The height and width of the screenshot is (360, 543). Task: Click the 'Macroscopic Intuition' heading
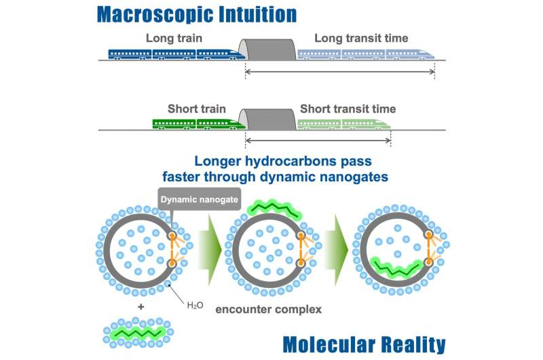pyautogui.click(x=197, y=14)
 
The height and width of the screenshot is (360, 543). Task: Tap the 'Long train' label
pyautogui.click(x=174, y=38)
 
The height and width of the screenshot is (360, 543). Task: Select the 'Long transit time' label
pyautogui.click(x=361, y=38)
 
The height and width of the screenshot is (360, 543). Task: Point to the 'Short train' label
pyautogui.click(x=197, y=109)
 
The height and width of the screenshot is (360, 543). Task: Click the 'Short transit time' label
pyautogui.click(x=348, y=109)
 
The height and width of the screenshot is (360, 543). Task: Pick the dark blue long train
pyautogui.click(x=176, y=54)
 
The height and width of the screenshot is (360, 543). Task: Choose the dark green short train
pyautogui.click(x=199, y=124)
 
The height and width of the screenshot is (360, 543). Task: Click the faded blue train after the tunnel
pyautogui.click(x=366, y=54)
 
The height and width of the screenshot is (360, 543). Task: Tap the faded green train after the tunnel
pyautogui.click(x=344, y=124)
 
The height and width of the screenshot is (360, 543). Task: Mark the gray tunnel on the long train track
pyautogui.click(x=267, y=50)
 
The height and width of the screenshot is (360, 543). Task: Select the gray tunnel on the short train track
pyautogui.click(x=267, y=120)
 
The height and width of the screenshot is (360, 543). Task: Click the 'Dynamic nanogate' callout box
pyautogui.click(x=199, y=199)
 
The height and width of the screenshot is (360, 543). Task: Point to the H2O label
pyautogui.click(x=195, y=305)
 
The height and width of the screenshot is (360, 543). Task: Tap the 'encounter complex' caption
pyautogui.click(x=268, y=309)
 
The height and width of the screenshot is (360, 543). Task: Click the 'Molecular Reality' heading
pyautogui.click(x=364, y=345)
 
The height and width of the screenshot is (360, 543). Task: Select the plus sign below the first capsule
pyautogui.click(x=141, y=306)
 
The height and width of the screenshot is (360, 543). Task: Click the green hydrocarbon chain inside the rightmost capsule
pyautogui.click(x=397, y=268)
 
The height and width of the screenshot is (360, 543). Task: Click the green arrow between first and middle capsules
pyautogui.click(x=210, y=250)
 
